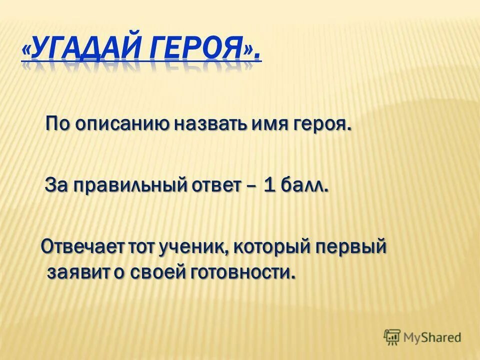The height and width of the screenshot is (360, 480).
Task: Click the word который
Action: pos(270,246)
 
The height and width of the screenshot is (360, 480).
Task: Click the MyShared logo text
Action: pos(433,337)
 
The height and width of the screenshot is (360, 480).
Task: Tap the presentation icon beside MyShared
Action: pos(392,337)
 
